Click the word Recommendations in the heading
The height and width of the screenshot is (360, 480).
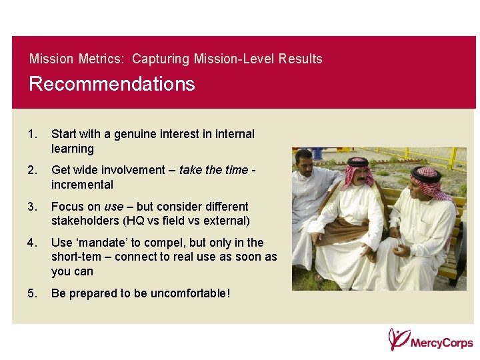click(112, 85)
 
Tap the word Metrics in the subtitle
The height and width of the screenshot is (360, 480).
click(100, 59)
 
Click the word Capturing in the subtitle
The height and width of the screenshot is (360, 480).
click(161, 59)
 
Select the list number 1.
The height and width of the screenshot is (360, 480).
click(33, 134)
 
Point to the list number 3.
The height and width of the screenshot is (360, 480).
click(33, 207)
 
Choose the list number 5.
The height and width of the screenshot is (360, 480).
click(33, 293)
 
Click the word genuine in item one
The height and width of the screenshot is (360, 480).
click(137, 134)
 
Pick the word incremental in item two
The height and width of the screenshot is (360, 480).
click(82, 185)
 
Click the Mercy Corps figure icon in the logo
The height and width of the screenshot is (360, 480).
click(398, 339)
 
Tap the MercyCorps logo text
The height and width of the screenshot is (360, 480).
click(441, 343)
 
